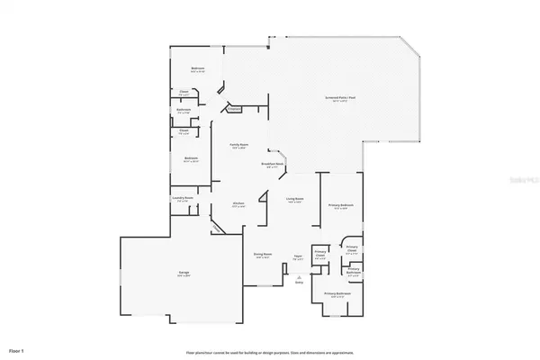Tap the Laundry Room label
click(183, 198)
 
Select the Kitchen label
click(238, 203)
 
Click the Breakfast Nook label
click(274, 163)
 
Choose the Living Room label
click(294, 199)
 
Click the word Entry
click(299, 283)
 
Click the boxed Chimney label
click(234, 109)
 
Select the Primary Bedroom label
click(340, 206)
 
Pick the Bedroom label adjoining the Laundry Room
click(191, 158)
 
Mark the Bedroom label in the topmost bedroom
click(197, 68)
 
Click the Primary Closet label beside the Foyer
click(320, 256)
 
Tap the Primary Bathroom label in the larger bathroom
click(337, 293)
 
